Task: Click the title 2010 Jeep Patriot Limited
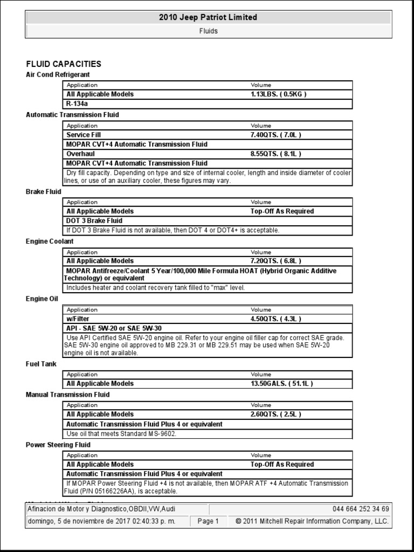coord(208,17)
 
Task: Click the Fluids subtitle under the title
coord(208,31)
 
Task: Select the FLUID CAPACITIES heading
coord(64,64)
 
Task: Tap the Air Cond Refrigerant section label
coord(58,74)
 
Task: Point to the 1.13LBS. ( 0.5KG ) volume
coord(278,94)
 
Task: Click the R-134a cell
coord(77,103)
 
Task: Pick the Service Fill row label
coord(84,135)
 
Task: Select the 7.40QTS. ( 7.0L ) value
coord(276,135)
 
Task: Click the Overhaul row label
coord(81,154)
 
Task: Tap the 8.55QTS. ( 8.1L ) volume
coord(276,154)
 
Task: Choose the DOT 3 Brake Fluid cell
coord(94,220)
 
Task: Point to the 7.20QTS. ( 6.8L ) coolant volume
coord(276,261)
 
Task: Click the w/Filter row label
coord(78,319)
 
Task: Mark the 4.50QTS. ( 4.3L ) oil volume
coord(276,319)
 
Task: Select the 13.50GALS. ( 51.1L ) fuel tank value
coord(281,384)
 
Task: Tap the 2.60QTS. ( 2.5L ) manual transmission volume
coord(276,415)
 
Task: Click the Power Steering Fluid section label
coord(58,445)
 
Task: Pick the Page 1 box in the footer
coord(208,521)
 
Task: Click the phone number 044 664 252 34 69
coord(361,509)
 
